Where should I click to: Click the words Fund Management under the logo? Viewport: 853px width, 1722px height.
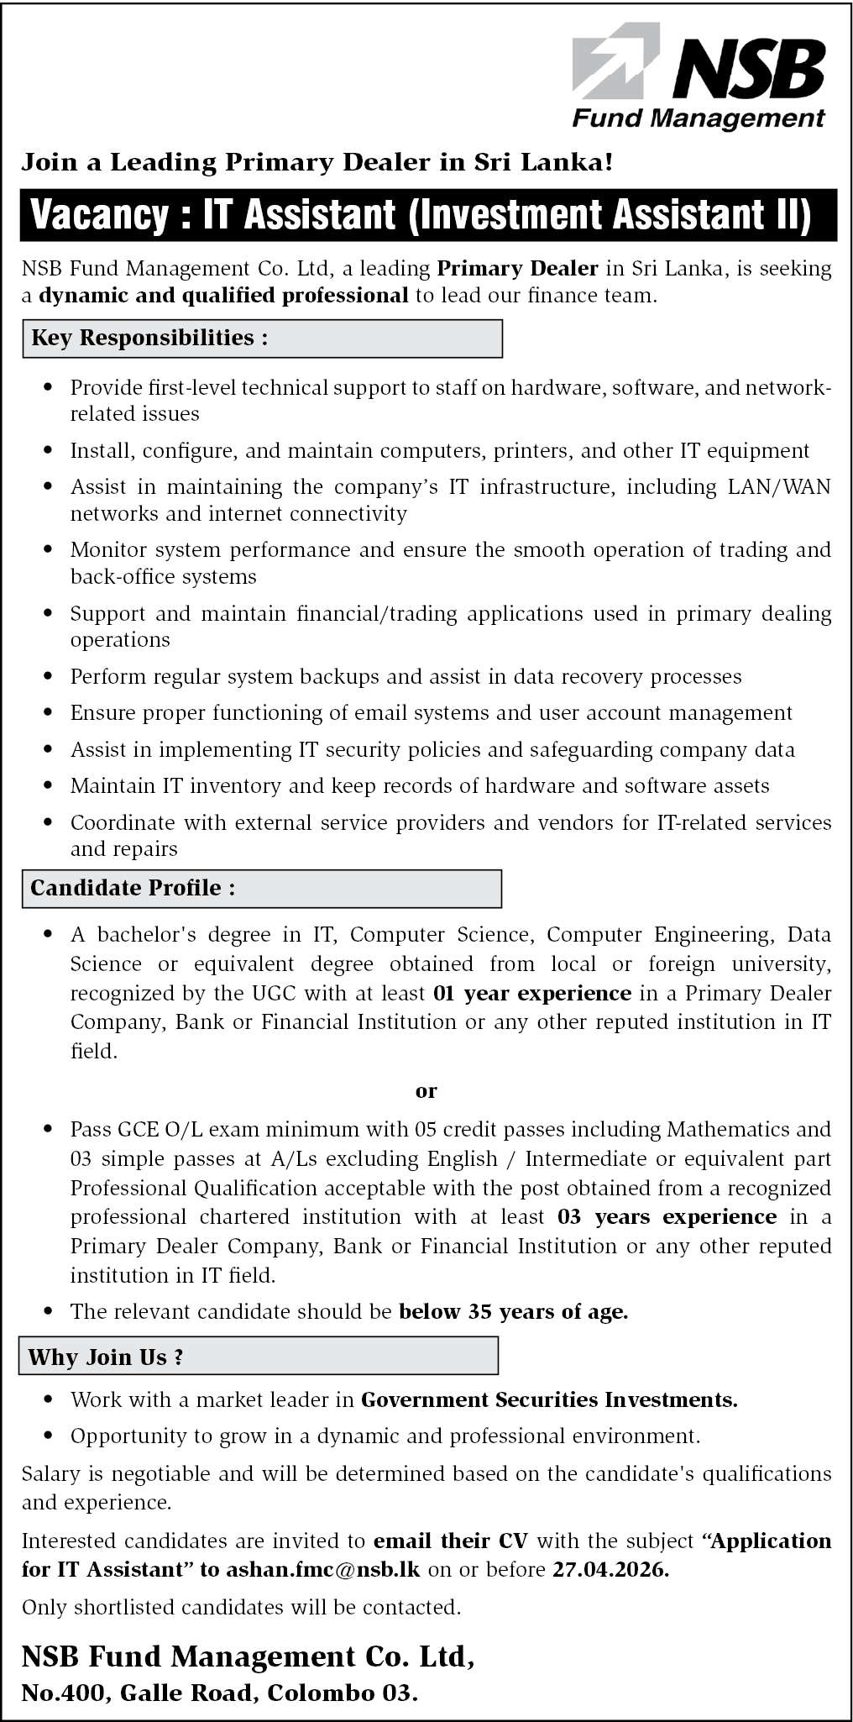pyautogui.click(x=699, y=118)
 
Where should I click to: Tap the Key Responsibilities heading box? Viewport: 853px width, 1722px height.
pyautogui.click(x=262, y=338)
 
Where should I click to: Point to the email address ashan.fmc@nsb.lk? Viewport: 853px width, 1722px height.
pyautogui.click(x=323, y=1569)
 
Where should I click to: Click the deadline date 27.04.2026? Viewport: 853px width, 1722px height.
pyautogui.click(x=610, y=1569)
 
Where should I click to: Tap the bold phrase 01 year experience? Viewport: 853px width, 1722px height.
pyautogui.click(x=531, y=993)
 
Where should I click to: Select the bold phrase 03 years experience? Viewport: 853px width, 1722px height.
pyautogui.click(x=667, y=1217)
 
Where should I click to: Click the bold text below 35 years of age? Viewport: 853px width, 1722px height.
pyautogui.click(x=513, y=1311)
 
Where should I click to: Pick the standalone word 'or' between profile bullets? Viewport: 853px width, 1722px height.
pyautogui.click(x=426, y=1090)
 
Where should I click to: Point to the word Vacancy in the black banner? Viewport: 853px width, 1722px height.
pyautogui.click(x=98, y=215)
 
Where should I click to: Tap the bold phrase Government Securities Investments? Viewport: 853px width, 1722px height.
pyautogui.click(x=549, y=1399)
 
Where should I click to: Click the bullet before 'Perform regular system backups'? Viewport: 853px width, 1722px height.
pyautogui.click(x=49, y=677)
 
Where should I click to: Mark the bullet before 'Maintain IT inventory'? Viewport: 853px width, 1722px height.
pyautogui.click(x=49, y=786)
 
